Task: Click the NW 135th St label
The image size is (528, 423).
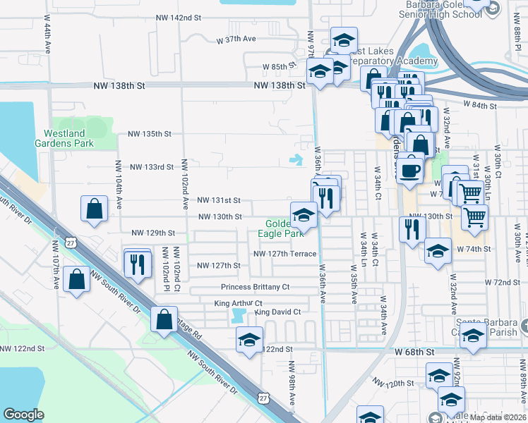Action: (150, 133)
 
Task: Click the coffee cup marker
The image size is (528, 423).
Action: (409, 170)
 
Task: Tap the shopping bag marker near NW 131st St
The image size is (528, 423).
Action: (94, 209)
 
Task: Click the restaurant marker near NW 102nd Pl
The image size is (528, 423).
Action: (137, 264)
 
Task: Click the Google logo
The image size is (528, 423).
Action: (23, 415)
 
